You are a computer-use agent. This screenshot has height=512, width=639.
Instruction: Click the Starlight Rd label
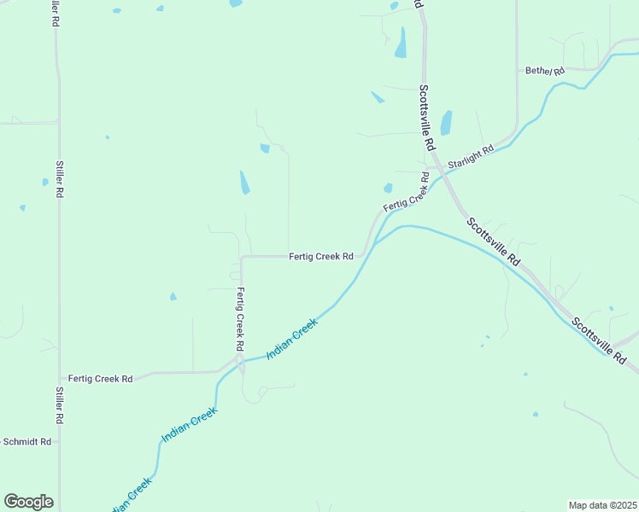coord(471,157)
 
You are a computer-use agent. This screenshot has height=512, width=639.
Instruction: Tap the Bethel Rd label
coord(545,71)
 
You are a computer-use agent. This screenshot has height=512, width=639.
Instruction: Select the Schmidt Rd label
coord(27,442)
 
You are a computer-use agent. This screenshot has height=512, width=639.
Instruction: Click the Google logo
coord(28,502)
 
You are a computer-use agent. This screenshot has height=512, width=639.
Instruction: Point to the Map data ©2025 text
coord(602,505)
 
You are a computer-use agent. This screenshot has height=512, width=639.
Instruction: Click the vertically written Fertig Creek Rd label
coord(241,320)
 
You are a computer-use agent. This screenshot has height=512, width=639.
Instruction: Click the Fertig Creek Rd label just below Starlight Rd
coord(407,193)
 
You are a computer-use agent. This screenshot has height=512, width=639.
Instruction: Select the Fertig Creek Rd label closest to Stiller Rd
coord(101,378)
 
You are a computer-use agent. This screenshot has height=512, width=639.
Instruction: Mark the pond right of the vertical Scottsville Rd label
coord(446,122)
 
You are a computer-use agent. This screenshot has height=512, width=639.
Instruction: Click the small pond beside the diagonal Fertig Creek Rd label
coord(388,188)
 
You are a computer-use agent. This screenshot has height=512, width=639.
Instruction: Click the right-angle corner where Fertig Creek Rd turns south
coord(242,257)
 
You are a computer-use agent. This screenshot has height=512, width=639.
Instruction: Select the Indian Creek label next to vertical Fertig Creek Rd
coord(292,338)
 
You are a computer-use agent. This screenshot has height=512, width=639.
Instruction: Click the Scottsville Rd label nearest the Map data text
coord(598,341)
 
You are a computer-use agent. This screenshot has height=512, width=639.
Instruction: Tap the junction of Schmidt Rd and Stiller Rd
coord(59,442)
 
